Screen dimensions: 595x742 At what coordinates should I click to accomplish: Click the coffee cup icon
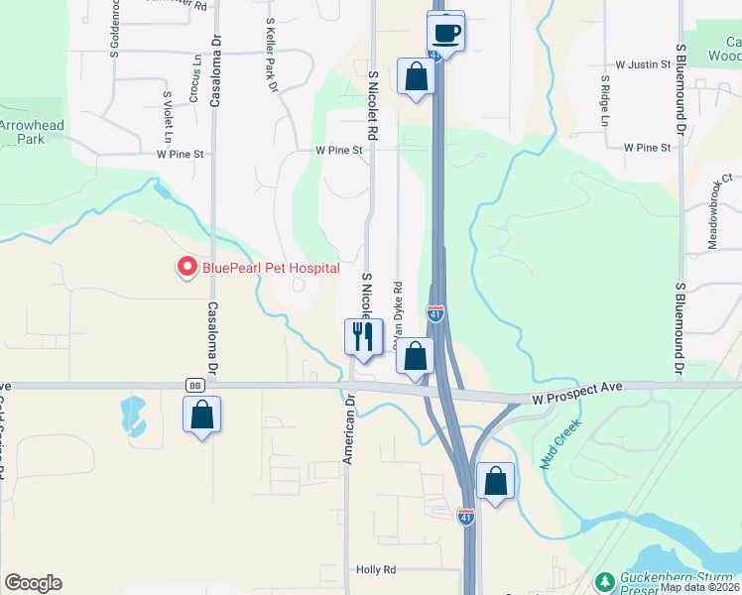tap(446, 32)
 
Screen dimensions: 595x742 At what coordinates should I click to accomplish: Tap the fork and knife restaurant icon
tap(363, 337)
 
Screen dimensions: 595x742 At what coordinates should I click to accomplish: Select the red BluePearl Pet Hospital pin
tap(185, 268)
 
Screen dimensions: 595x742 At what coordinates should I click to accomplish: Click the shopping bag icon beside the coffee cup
tap(415, 77)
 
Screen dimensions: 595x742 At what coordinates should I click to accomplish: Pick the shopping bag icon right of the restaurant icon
tap(415, 356)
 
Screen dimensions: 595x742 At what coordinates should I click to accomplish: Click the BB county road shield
tap(193, 385)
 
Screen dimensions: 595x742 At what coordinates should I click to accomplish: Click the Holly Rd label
tap(376, 570)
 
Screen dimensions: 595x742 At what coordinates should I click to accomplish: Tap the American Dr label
tap(349, 431)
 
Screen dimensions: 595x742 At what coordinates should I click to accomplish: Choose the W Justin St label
tap(644, 64)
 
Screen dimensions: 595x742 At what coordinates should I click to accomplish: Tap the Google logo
tap(33, 583)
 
